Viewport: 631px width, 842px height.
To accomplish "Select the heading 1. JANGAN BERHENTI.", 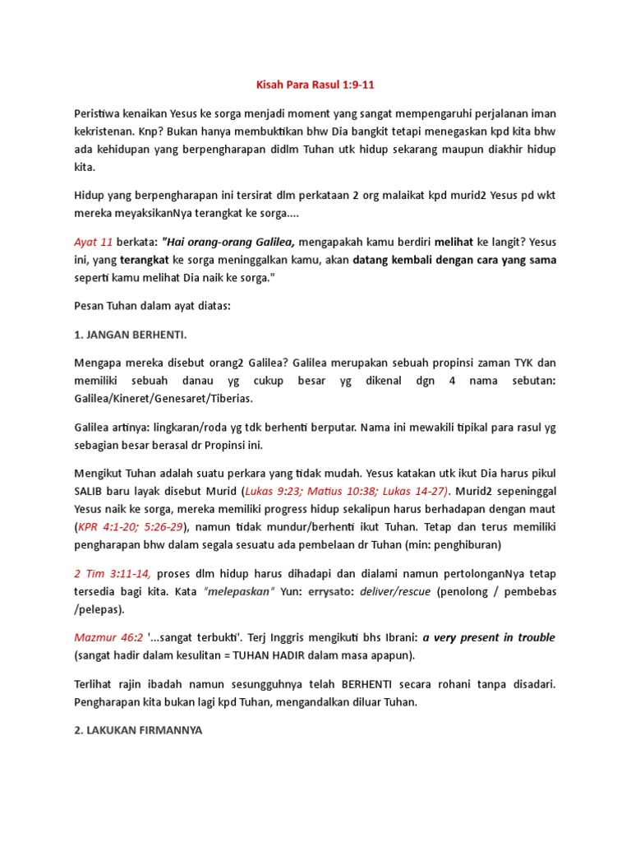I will point(132,335).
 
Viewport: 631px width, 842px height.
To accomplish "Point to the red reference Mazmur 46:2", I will point(108,637).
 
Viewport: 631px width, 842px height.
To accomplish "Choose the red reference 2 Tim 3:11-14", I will point(113,572).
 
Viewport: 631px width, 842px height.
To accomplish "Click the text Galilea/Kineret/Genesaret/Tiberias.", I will point(164,398).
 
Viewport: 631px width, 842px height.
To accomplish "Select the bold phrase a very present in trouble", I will point(489,637).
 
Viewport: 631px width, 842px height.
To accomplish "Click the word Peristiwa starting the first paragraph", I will point(100,113).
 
